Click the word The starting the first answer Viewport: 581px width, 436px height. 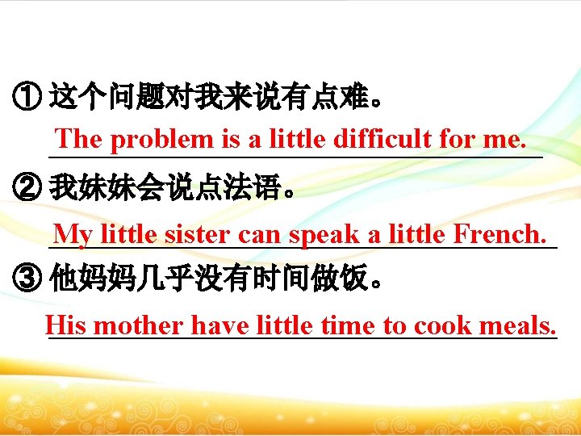click(78, 139)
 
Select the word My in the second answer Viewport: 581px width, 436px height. click(73, 235)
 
